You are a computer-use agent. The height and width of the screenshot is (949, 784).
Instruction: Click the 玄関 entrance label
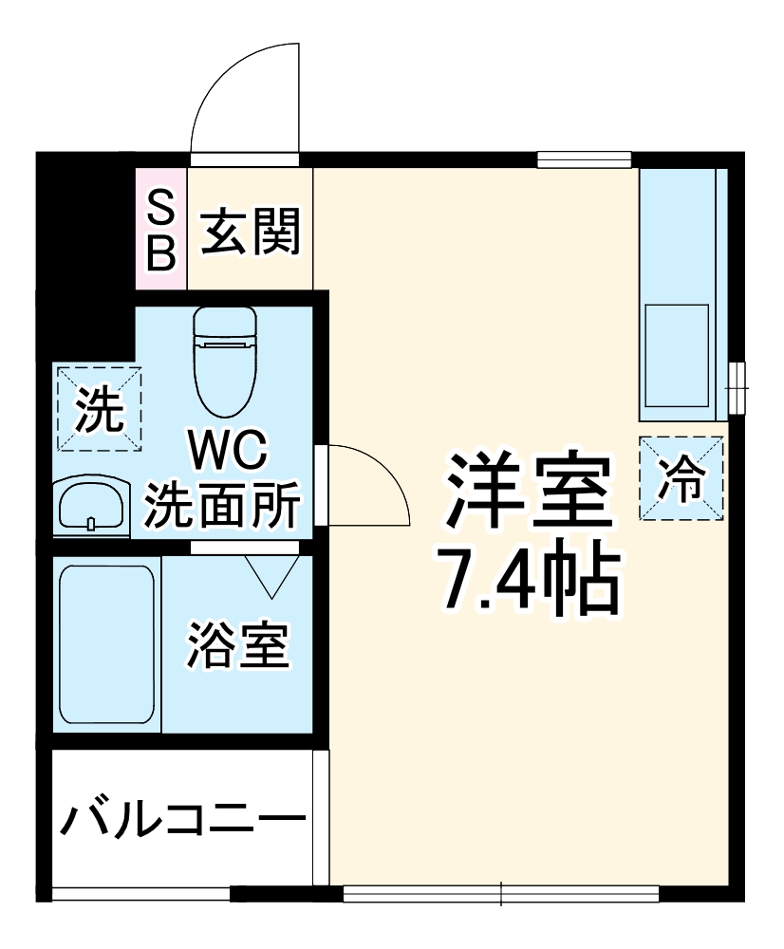coord(251,231)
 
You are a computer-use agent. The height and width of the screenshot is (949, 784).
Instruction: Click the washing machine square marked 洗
coord(99,408)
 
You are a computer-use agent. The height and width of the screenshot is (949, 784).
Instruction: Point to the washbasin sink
coord(90,504)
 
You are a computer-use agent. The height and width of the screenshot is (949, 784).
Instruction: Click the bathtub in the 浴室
coord(105,646)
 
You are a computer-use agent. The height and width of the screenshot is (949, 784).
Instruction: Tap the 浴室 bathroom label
coord(237,645)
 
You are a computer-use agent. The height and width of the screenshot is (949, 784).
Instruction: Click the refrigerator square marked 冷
coord(681,478)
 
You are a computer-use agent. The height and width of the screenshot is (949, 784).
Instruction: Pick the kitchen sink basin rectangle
coord(676,354)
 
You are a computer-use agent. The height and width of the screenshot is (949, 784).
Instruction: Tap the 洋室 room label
coord(526,493)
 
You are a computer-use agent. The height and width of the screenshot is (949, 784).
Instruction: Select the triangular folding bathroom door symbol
coord(275,575)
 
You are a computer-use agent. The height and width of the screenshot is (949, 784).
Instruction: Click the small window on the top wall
coord(584,159)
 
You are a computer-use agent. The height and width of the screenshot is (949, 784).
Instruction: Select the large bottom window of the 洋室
coord(500,893)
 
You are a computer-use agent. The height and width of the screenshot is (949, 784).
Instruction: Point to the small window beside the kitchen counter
coord(737,388)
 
